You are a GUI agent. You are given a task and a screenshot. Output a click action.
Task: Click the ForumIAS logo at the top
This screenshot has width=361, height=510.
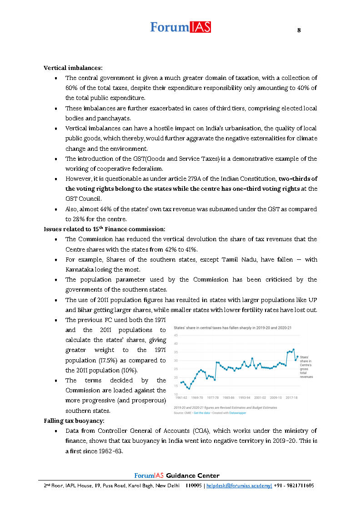tap(180, 27)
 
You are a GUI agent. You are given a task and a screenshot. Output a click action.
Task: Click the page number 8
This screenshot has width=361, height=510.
tap(299, 30)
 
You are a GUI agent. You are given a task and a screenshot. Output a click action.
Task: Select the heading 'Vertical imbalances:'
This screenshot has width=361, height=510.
tap(73, 68)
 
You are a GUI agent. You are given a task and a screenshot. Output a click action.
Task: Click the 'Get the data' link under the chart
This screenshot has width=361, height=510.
tap(199, 413)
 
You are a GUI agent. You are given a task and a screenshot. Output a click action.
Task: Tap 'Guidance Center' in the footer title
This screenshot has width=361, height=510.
tap(193, 475)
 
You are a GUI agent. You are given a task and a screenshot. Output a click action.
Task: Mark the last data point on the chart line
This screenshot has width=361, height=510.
tap(297, 357)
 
